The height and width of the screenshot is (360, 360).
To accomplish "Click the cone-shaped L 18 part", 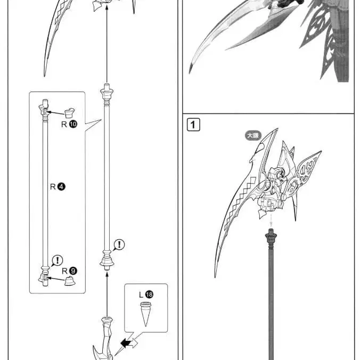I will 146,314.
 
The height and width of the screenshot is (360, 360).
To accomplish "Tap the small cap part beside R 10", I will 69,112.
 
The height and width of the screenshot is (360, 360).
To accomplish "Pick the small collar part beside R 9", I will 69,281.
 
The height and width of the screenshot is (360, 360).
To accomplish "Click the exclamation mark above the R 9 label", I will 57,260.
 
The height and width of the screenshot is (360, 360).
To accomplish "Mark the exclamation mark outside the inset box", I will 120,244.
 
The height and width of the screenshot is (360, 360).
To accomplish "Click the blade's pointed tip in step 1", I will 216,275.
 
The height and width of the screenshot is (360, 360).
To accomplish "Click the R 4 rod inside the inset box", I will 44,192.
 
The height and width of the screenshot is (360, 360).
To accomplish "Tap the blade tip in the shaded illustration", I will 190,71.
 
